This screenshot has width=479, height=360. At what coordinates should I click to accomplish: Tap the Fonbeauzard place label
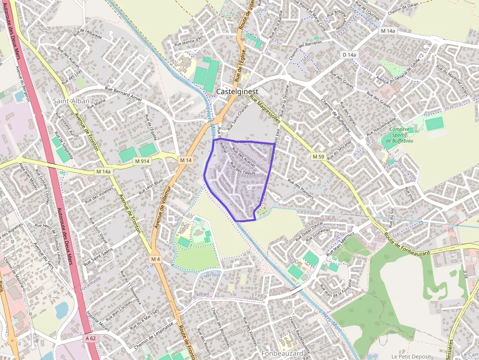(282, 353)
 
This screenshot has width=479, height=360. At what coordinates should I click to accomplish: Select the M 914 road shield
(142, 161)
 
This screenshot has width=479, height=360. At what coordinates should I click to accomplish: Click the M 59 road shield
(318, 156)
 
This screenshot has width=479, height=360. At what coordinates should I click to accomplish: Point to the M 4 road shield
(155, 258)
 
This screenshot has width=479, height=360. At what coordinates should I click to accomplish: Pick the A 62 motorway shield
(91, 338)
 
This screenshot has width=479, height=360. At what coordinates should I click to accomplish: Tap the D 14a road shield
(349, 55)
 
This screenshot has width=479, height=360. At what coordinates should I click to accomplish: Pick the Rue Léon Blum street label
(151, 187)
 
